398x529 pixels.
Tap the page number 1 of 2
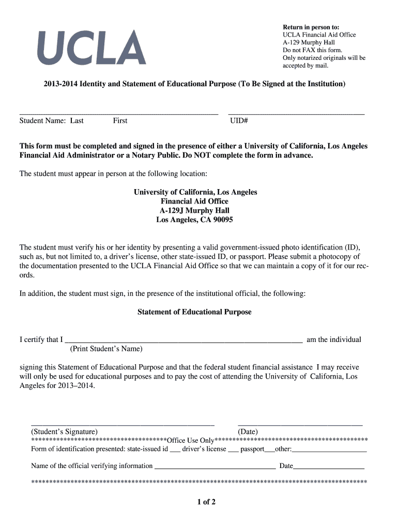click(x=206, y=502)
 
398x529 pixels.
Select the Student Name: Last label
click(x=51, y=121)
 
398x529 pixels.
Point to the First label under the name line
click(x=120, y=121)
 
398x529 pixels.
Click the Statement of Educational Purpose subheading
click(x=194, y=312)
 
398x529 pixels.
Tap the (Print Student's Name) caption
click(x=106, y=349)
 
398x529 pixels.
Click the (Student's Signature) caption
click(x=64, y=432)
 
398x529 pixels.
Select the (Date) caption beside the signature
click(x=248, y=432)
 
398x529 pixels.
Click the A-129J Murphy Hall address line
click(x=194, y=211)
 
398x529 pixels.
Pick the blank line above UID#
click(x=296, y=113)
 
